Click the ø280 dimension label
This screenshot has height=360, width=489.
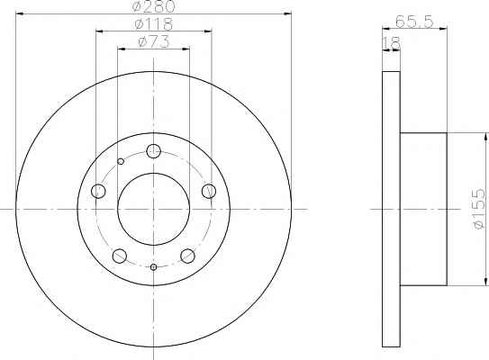(x=153, y=6)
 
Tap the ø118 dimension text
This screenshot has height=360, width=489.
(x=154, y=24)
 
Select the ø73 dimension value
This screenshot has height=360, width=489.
(x=154, y=41)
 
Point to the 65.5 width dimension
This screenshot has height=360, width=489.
(x=414, y=22)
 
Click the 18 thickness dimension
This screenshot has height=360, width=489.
(x=391, y=43)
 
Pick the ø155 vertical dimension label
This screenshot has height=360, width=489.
(x=479, y=209)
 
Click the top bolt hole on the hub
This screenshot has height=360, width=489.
(x=153, y=151)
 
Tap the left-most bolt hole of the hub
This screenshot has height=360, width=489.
(x=98, y=191)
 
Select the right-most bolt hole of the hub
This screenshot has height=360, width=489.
(x=209, y=191)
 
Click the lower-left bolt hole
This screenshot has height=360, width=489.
(x=120, y=256)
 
